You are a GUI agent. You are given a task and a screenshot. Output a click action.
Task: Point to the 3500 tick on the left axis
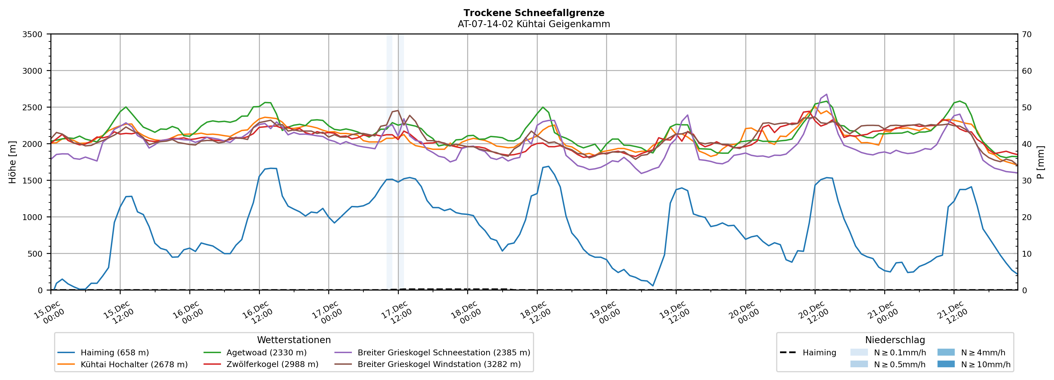tap(32, 34)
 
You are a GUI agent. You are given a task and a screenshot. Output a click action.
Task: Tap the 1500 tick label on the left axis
tap(32, 181)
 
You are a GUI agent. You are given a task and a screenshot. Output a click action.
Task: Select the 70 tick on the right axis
tap(1027, 34)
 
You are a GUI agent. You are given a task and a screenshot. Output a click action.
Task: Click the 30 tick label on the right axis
tap(1027, 181)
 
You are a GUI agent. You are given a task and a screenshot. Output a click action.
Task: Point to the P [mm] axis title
tap(1041, 162)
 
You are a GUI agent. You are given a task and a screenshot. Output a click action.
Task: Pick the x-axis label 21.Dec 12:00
tap(952, 313)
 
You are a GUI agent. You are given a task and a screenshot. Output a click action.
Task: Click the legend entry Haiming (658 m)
tap(115, 353)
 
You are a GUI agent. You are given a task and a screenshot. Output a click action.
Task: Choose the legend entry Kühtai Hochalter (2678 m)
tap(134, 364)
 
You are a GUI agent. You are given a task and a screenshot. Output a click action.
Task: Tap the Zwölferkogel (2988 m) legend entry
tap(272, 364)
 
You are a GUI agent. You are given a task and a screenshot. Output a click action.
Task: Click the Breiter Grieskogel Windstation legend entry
tap(439, 364)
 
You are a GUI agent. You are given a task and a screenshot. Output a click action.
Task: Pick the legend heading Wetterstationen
tap(294, 340)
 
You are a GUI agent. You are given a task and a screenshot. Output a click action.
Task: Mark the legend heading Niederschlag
tap(895, 340)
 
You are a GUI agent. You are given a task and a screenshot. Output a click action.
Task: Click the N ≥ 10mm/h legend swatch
tap(946, 364)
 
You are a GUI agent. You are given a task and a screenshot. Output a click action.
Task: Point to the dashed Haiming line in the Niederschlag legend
tap(788, 353)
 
